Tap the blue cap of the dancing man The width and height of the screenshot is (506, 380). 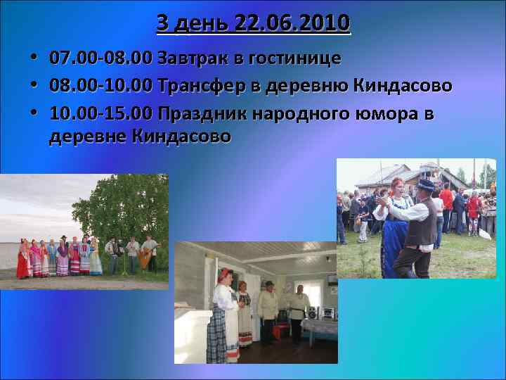pos(425,184)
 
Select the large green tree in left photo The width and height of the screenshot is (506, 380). pos(123,208)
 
